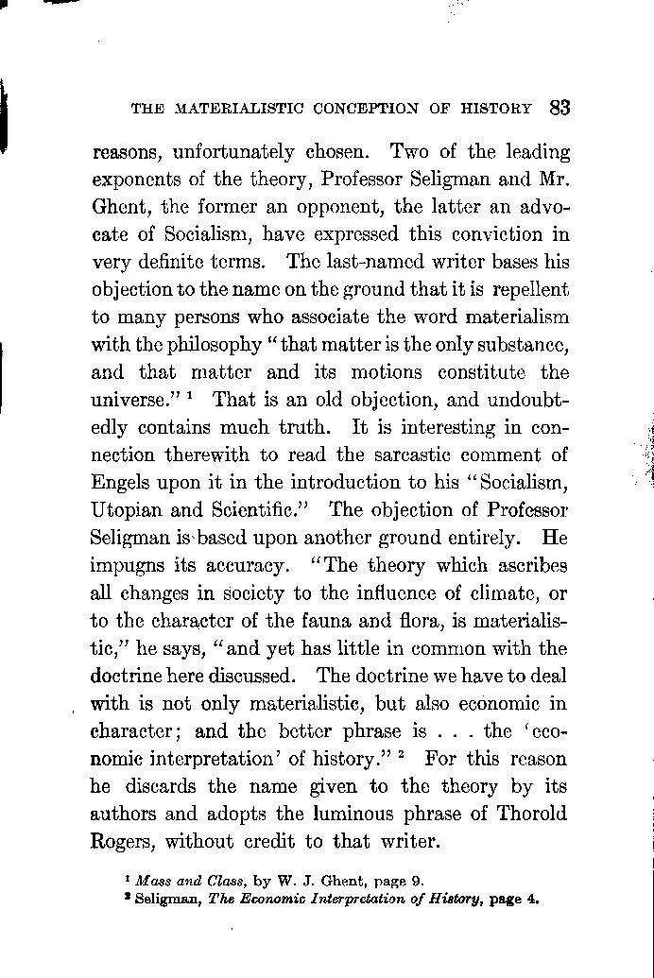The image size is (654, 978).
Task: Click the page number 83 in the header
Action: (x=558, y=107)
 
